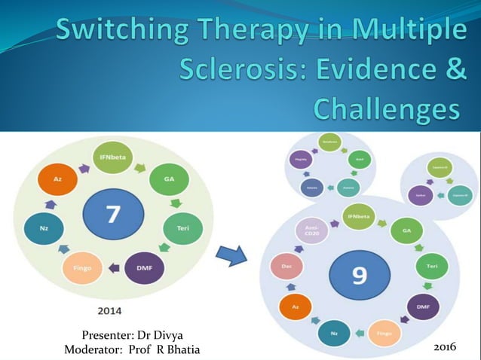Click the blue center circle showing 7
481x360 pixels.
click(112, 215)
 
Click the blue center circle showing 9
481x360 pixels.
click(359, 274)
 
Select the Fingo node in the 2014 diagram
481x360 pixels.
click(82, 267)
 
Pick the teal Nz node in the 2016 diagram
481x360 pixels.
click(333, 331)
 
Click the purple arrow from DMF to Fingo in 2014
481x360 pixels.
click(113, 267)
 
